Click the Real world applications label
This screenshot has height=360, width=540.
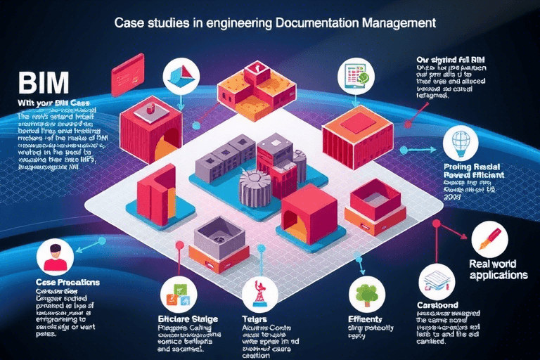(x=498, y=270)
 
